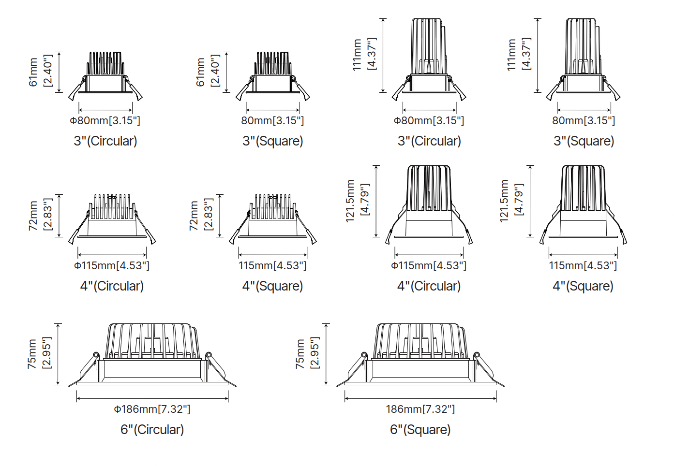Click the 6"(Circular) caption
point(152,430)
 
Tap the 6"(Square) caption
point(420,430)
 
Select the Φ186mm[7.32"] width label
point(152,409)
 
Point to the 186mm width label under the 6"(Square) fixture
point(420,409)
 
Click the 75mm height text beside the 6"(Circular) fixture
point(32,354)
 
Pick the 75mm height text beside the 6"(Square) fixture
point(300,354)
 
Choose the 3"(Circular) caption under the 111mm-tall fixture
point(429,141)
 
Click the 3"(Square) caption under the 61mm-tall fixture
point(273,141)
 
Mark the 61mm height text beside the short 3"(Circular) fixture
point(33,72)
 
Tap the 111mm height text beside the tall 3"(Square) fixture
point(511,55)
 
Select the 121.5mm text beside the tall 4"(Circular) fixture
point(350,201)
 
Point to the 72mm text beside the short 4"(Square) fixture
point(194,216)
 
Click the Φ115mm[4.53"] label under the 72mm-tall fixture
point(112,266)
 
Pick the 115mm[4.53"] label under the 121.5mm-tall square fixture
point(583,266)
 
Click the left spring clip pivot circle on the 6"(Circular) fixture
point(96,355)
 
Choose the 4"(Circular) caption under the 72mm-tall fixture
point(112,286)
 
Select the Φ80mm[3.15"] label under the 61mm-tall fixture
point(105,121)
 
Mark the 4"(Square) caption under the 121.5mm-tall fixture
point(583,286)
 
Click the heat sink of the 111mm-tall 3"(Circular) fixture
point(428,46)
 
